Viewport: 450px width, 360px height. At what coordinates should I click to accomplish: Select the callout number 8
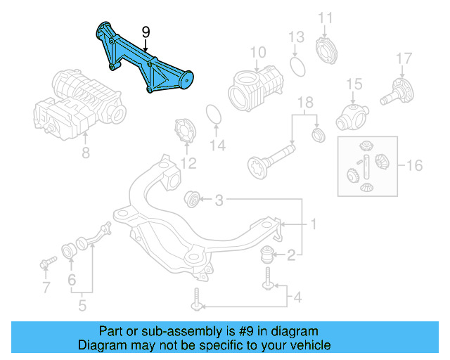point(86,153)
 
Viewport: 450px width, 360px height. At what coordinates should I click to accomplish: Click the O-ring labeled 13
point(297,67)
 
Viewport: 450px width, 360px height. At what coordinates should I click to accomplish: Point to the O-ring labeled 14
point(214,115)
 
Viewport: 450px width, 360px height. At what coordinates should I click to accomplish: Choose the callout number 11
point(326,18)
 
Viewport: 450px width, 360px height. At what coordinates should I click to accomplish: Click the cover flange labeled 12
point(185,131)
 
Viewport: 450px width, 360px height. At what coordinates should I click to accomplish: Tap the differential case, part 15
point(352,117)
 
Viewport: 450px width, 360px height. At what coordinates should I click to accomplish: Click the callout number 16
point(414,165)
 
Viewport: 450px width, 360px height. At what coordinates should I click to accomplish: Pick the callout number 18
point(305,103)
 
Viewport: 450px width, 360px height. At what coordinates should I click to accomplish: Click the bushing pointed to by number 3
point(192,199)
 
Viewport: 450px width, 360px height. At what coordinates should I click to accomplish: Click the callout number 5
point(82,305)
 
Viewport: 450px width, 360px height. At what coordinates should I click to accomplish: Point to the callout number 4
point(298,297)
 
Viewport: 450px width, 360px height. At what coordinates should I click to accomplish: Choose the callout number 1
point(314,224)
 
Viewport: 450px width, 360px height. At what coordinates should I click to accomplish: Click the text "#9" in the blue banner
point(246,332)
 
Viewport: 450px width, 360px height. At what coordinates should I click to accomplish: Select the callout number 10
point(258,53)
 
